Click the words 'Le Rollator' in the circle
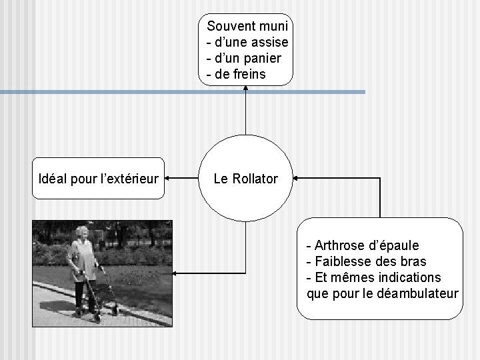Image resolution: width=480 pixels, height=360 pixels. tap(245, 179)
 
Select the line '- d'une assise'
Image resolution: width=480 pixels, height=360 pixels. tap(247, 43)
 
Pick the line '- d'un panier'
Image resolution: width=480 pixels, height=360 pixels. tap(244, 58)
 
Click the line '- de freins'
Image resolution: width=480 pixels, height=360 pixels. tap(237, 74)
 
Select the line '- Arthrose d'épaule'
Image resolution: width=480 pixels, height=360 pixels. tap(362, 245)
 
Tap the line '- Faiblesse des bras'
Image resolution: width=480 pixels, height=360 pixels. tap(366, 261)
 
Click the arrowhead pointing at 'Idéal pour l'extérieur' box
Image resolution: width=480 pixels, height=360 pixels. tap(169, 179)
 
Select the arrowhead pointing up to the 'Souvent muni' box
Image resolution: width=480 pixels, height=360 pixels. tap(245, 89)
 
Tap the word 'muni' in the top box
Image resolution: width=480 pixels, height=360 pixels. tap(273, 27)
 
